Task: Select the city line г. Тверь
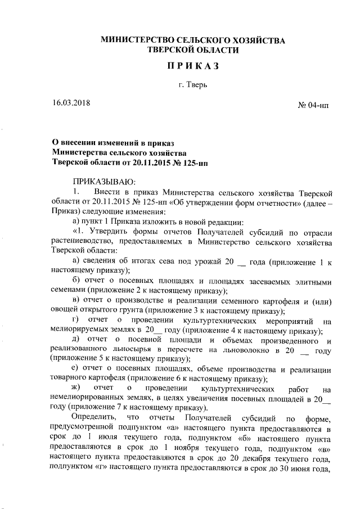pos(193,85)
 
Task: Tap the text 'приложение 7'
pos(93,408)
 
